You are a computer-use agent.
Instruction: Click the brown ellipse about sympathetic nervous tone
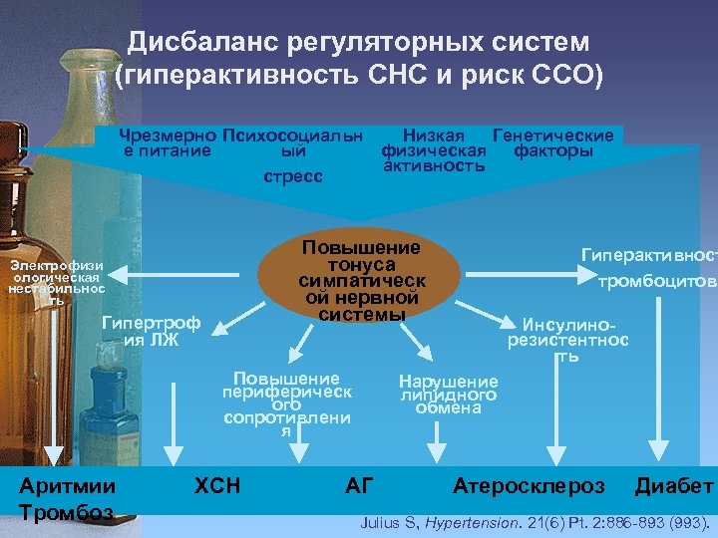(x=360, y=280)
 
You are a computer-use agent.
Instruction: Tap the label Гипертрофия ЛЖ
(x=151, y=330)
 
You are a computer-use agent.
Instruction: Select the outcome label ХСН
(x=217, y=485)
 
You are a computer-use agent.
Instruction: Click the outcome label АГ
(x=358, y=485)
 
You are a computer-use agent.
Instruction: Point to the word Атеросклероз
(x=529, y=485)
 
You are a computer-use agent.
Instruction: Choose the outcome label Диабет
(x=674, y=485)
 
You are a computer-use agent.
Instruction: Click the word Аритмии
(x=68, y=486)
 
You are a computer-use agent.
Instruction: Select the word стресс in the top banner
(x=292, y=176)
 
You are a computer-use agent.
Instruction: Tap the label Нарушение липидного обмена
(x=448, y=395)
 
